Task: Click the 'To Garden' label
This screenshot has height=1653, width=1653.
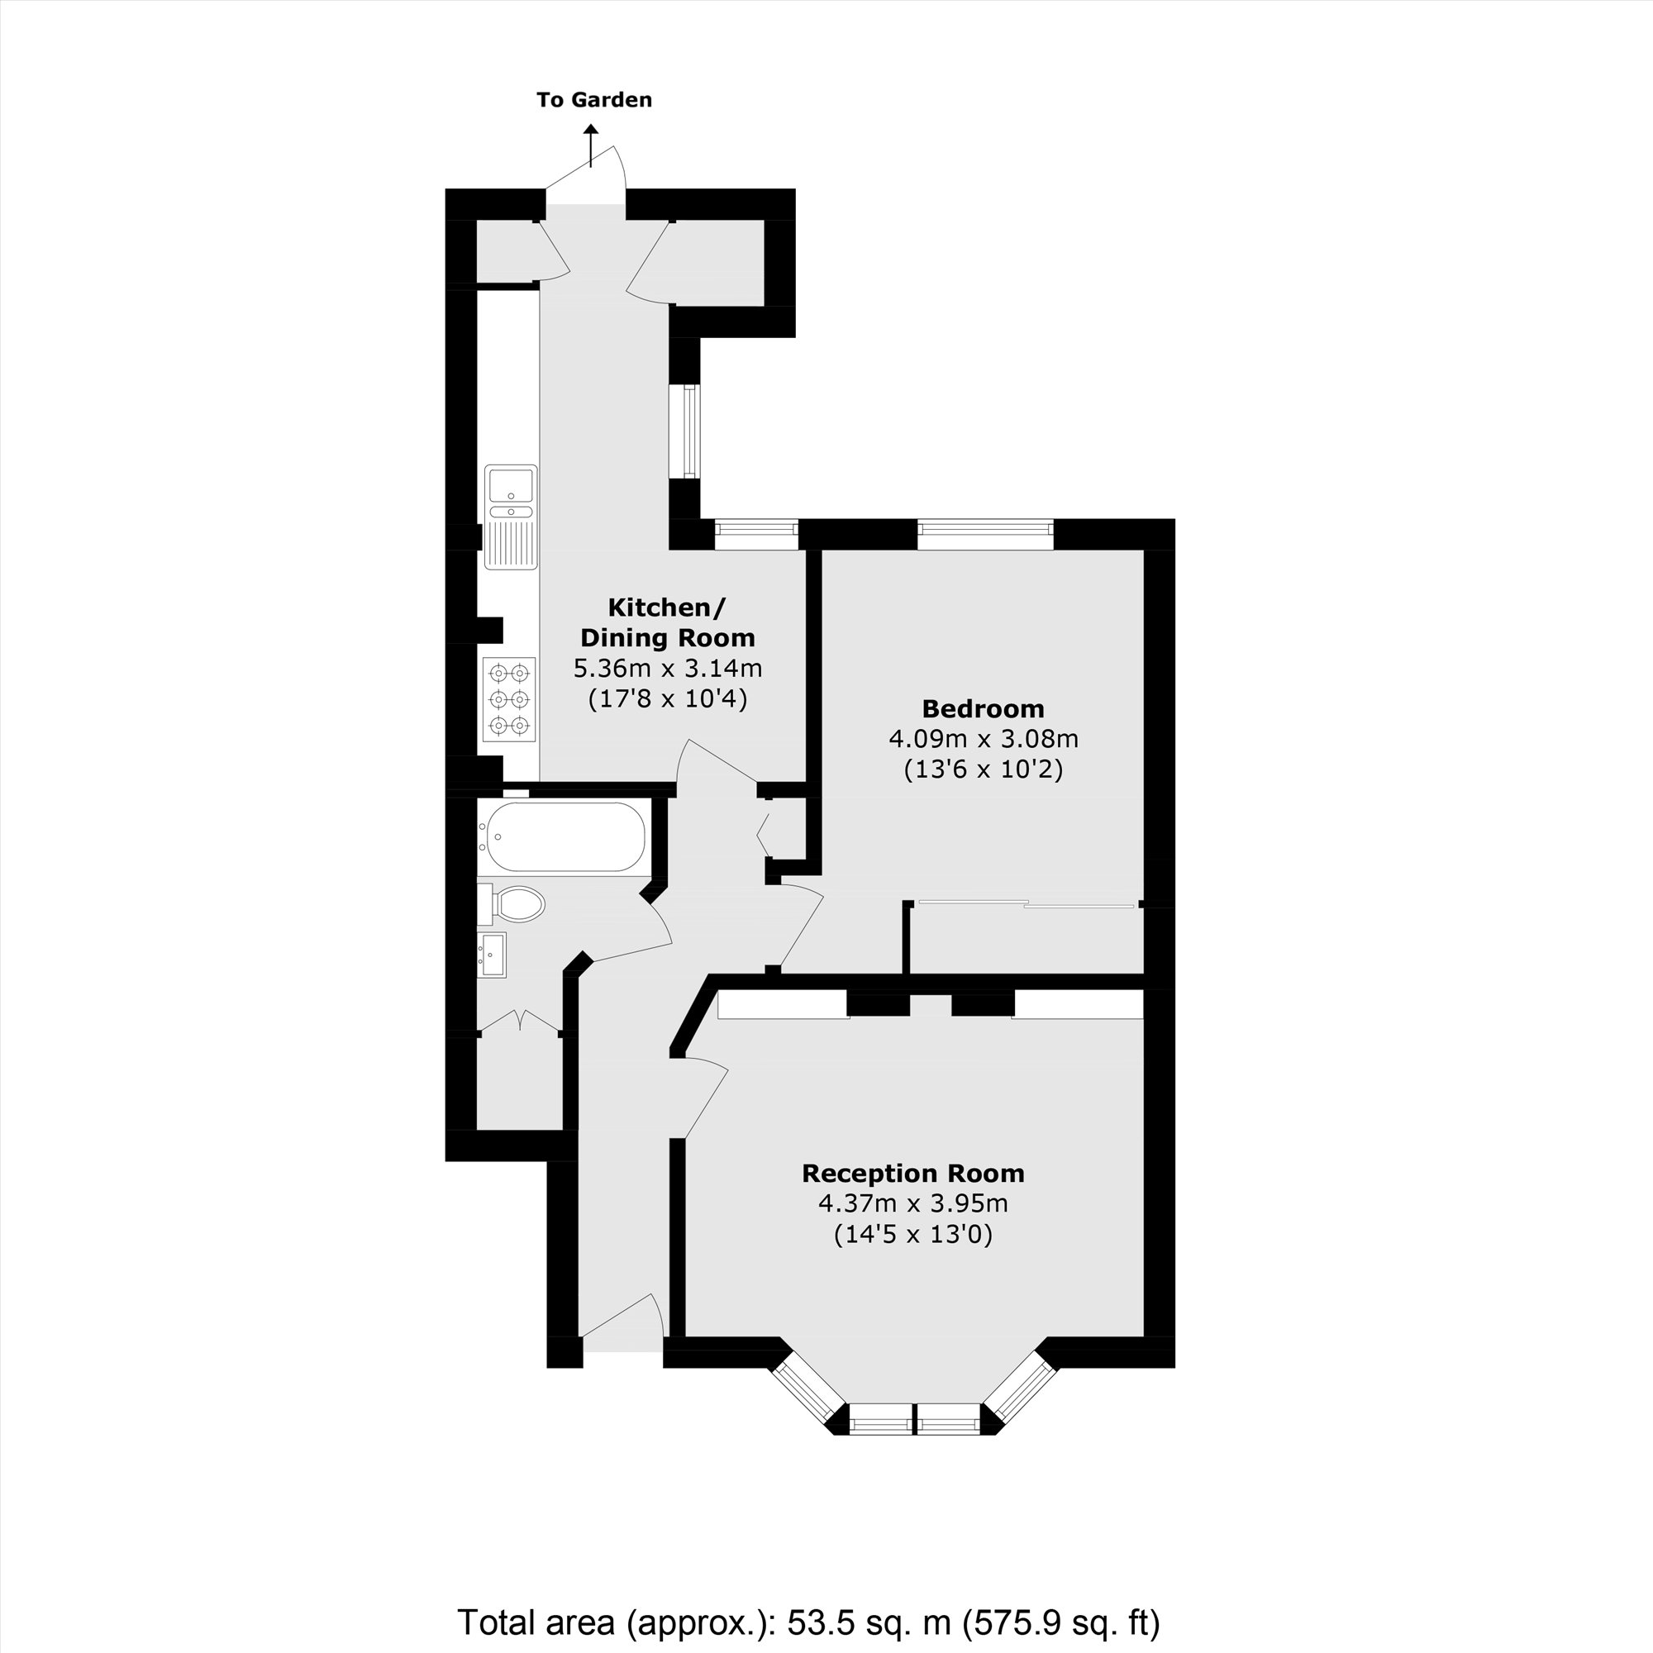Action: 593,100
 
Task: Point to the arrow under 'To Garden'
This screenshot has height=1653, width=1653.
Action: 590,144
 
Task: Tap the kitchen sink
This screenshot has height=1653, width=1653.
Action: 511,516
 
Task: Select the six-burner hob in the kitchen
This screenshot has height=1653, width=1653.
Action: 509,699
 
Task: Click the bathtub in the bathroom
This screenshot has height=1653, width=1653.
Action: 562,836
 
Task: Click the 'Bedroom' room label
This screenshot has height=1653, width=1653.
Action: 983,708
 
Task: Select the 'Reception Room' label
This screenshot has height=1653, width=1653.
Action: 913,1173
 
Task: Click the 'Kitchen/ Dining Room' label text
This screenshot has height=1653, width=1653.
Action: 667,622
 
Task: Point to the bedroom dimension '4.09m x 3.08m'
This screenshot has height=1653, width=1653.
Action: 983,738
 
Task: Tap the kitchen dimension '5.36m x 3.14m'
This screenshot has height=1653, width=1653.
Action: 667,668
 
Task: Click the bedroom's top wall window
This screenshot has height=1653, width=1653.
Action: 986,534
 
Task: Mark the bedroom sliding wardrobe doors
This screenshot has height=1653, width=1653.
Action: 1027,903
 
